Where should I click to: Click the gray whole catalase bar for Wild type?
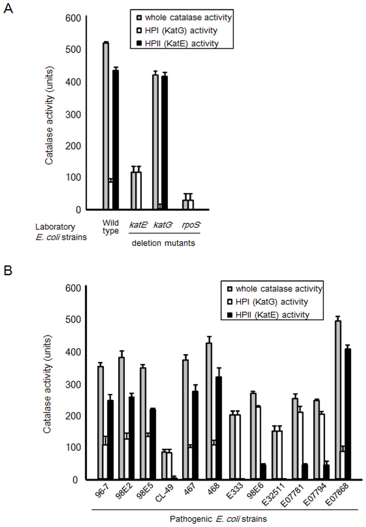pos(106,126)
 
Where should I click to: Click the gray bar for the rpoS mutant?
pos(185,205)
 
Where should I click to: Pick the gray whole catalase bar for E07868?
pos(338,400)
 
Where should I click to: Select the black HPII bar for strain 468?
pos(219,428)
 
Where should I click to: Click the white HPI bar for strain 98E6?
pos(258,443)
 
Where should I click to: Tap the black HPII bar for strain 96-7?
pos(110,440)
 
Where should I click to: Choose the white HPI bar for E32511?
pos(279,455)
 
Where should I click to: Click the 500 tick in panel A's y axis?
pos(73,49)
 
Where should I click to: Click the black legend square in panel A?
pos(139,44)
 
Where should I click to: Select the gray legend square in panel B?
pos(230,289)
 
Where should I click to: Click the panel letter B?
pos(8,270)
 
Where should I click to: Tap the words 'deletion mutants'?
pos(163,243)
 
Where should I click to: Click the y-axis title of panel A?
pos(49,115)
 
